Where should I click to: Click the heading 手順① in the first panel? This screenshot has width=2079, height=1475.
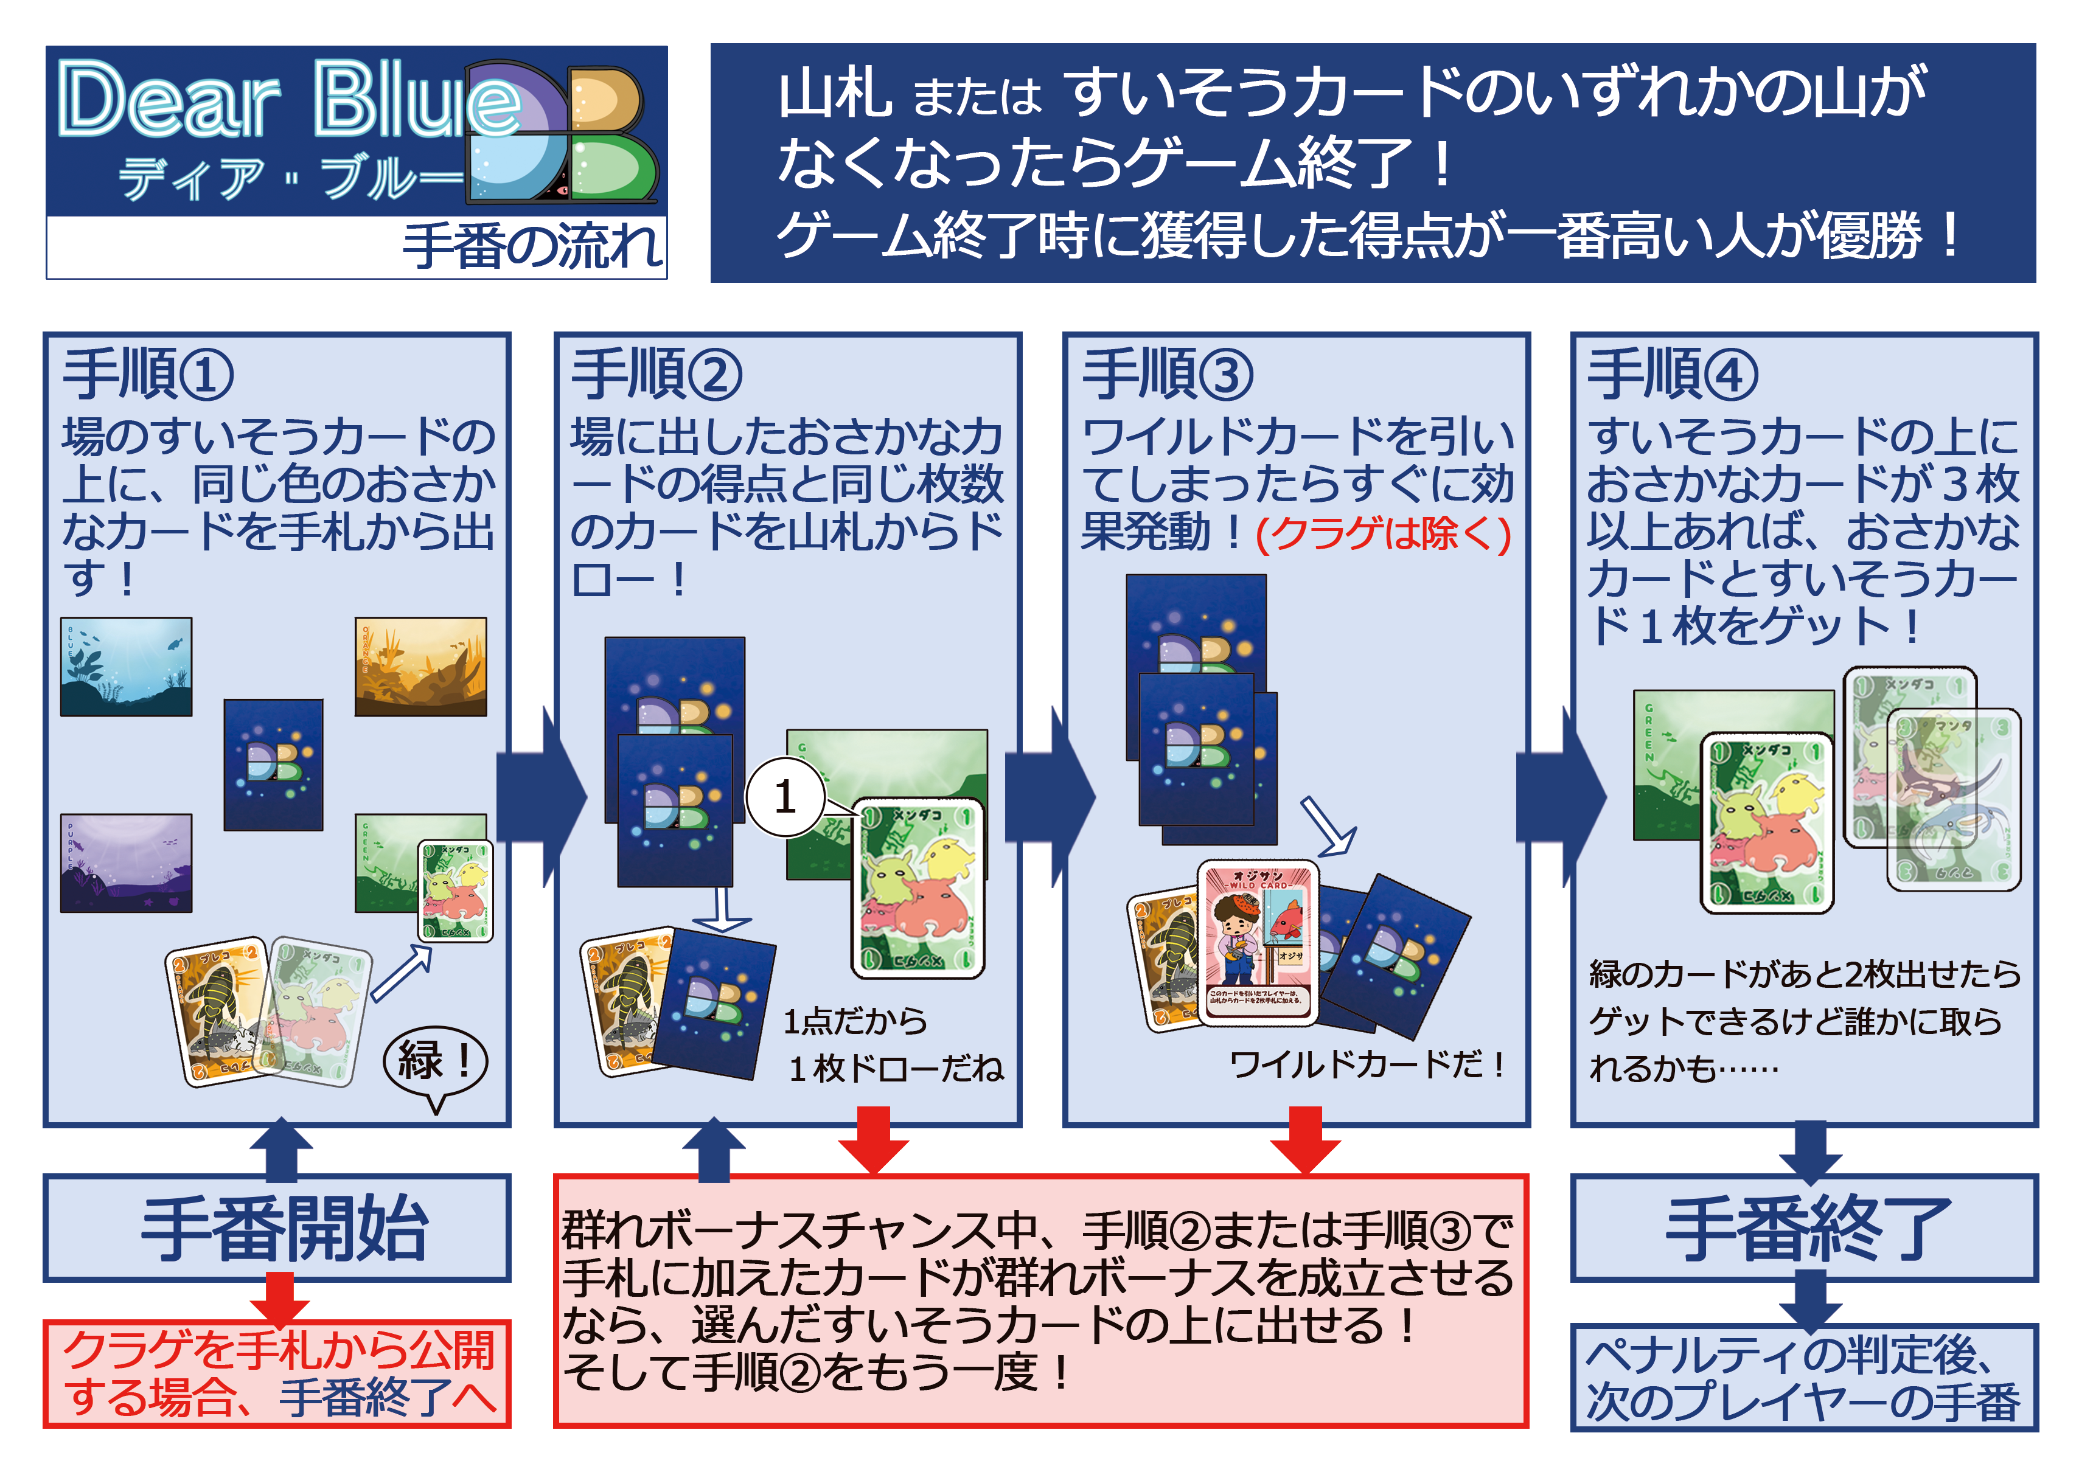click(147, 374)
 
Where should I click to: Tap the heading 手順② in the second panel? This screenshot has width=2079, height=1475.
click(656, 374)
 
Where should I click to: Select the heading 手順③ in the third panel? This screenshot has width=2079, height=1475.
click(1167, 374)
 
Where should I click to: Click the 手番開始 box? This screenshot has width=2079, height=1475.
click(277, 1228)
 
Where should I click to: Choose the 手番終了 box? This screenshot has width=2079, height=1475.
click(1804, 1228)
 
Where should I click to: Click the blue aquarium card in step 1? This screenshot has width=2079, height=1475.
click(126, 667)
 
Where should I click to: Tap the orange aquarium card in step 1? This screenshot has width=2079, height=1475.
click(420, 667)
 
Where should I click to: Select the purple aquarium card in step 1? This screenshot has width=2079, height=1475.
click(126, 863)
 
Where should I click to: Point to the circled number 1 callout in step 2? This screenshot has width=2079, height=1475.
click(785, 797)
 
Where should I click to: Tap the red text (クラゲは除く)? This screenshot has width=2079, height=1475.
click(1382, 534)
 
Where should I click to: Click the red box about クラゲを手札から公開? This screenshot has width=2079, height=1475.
click(277, 1374)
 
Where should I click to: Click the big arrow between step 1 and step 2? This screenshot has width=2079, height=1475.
click(545, 797)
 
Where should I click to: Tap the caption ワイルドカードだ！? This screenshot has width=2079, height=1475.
click(1367, 1064)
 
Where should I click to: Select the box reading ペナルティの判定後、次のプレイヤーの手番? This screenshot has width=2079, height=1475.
click(1804, 1378)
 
